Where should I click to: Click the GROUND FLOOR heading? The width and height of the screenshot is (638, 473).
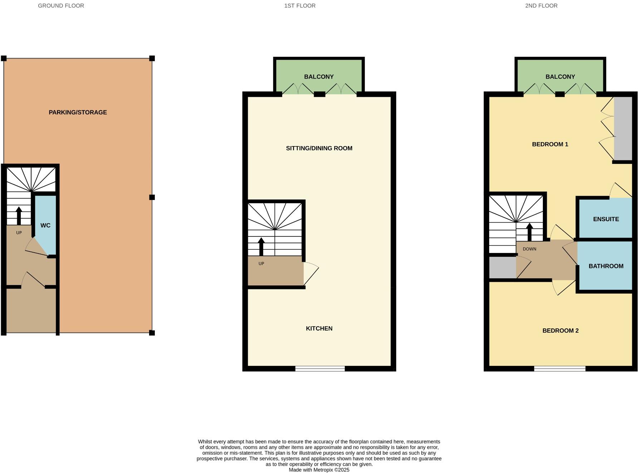pyautogui.click(x=61, y=6)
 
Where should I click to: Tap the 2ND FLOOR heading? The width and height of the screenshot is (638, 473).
pyautogui.click(x=541, y=6)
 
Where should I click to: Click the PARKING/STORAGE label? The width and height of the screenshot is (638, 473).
pyautogui.click(x=78, y=112)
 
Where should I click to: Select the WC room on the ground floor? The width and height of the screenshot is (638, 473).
pyautogui.click(x=45, y=225)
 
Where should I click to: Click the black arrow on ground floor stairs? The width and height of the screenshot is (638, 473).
pyautogui.click(x=19, y=215)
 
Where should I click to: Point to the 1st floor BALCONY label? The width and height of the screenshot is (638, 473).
pyautogui.click(x=319, y=77)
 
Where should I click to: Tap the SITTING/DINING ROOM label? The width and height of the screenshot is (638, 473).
pyautogui.click(x=319, y=148)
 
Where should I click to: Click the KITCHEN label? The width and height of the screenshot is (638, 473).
pyautogui.click(x=319, y=328)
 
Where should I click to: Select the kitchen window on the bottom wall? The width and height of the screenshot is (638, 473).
pyautogui.click(x=320, y=369)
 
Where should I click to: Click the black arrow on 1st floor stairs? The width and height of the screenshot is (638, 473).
pyautogui.click(x=261, y=247)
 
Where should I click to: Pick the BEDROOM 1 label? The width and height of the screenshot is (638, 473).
pyautogui.click(x=550, y=144)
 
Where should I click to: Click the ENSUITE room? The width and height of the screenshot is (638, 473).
pyautogui.click(x=605, y=219)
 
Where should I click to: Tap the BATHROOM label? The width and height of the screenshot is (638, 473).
pyautogui.click(x=606, y=266)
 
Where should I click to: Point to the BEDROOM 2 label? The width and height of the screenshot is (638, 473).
pyautogui.click(x=560, y=330)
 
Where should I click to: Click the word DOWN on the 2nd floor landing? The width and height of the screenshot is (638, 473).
pyautogui.click(x=529, y=249)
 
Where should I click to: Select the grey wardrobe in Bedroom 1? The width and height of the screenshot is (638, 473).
pyautogui.click(x=623, y=129)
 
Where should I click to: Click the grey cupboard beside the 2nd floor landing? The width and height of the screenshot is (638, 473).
pyautogui.click(x=502, y=267)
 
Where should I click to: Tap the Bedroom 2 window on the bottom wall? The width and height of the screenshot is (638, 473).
pyautogui.click(x=560, y=369)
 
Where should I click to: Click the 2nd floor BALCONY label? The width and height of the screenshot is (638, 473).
pyautogui.click(x=560, y=77)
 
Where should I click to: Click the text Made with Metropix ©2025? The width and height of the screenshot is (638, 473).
pyautogui.click(x=319, y=470)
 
